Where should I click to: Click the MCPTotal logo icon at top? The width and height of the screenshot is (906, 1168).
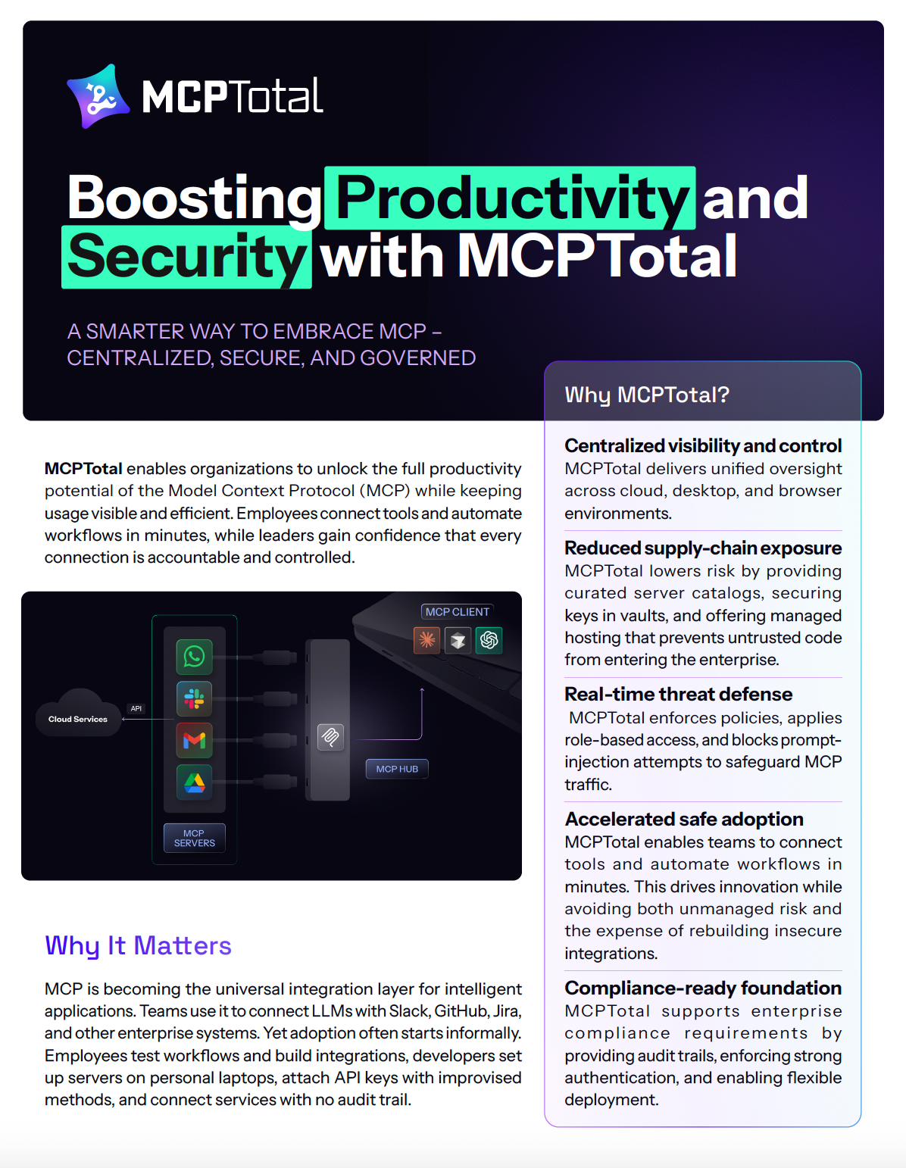coord(93,97)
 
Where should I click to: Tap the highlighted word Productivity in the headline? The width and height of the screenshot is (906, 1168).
coord(510,198)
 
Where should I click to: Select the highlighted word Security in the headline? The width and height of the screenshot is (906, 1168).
coord(186,257)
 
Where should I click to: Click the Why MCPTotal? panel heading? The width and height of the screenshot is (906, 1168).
coord(647,395)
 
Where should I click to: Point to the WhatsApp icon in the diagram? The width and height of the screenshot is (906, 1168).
coord(195,656)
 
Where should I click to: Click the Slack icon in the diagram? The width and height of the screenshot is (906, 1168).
coord(195,698)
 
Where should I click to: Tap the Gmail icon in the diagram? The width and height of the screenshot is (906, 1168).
coord(195,740)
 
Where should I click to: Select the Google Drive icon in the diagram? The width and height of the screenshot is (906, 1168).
coord(195,782)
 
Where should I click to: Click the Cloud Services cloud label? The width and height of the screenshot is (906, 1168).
coord(78,719)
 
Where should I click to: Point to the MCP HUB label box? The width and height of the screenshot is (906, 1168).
coord(397,769)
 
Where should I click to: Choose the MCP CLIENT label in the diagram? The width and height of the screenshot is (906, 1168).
coord(458,612)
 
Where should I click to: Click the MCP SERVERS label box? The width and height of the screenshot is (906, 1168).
coord(195,838)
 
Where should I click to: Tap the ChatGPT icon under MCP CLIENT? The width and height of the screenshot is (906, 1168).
coord(489,640)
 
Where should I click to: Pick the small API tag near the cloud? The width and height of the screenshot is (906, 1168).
coord(136,708)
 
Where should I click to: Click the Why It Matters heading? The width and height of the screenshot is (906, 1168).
coord(138,945)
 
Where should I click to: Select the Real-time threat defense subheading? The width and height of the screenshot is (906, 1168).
coord(679,694)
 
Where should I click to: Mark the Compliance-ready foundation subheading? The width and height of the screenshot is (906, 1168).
coord(703,988)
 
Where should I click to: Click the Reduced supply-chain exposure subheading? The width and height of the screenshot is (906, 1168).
coord(703,548)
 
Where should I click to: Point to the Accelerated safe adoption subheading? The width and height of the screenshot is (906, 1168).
coord(684,819)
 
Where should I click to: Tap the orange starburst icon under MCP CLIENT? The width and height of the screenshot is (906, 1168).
coord(427,640)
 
